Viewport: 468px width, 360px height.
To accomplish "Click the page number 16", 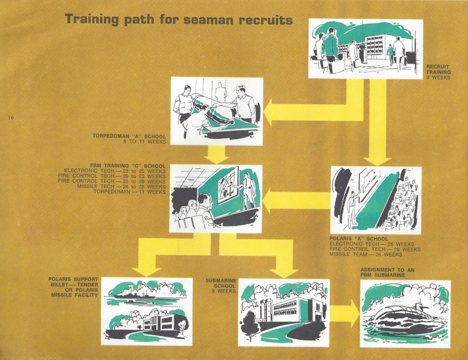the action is [11, 118].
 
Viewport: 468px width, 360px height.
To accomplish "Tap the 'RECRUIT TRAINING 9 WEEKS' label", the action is [438, 72].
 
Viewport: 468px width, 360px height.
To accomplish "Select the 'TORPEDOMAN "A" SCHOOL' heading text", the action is [129, 136].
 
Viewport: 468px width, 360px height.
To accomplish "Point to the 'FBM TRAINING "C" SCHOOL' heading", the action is [128, 166].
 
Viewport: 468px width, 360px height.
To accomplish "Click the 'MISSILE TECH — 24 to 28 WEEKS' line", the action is [121, 187].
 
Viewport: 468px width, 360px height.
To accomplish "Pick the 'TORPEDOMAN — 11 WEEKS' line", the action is [130, 191].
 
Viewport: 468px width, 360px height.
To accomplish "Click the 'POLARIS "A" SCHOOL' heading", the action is [359, 239].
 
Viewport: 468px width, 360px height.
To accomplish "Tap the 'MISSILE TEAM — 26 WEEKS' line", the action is [366, 254].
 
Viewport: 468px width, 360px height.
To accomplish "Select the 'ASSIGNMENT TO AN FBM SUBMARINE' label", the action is [387, 272].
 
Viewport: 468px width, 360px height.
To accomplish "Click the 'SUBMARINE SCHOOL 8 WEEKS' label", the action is [221, 286].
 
